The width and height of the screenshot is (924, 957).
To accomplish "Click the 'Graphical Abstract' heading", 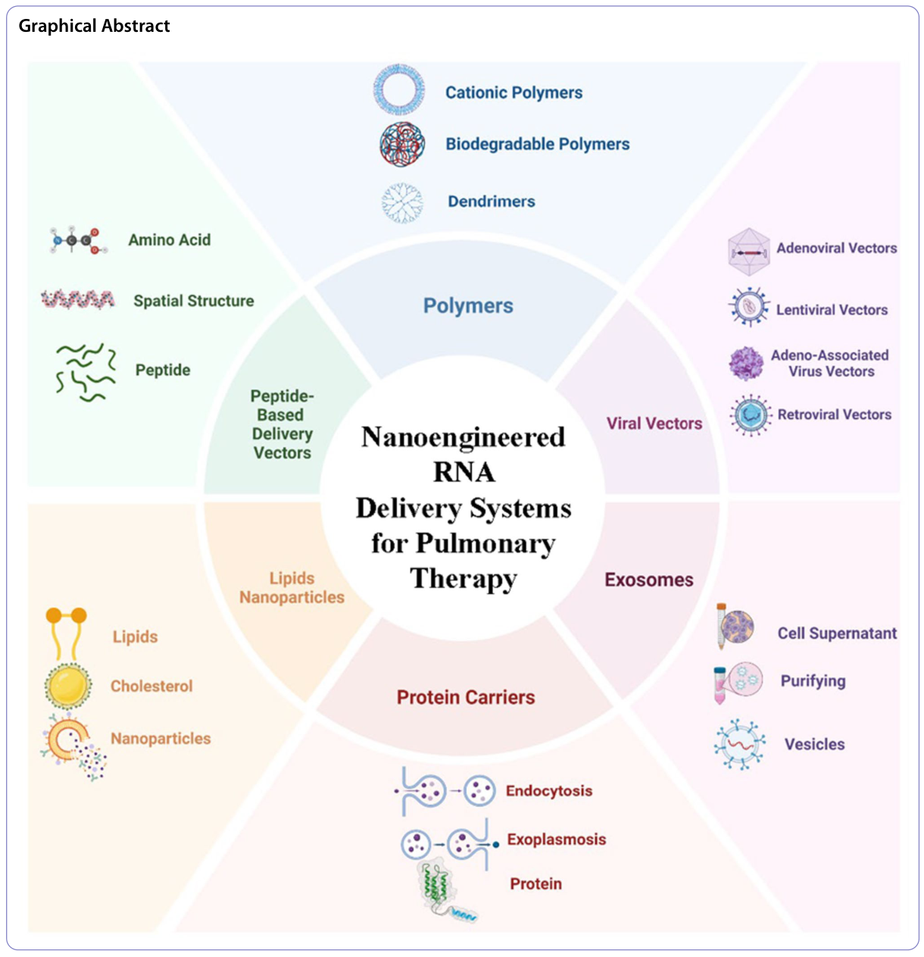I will [94, 26].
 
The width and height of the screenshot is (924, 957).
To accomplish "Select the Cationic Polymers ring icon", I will [398, 90].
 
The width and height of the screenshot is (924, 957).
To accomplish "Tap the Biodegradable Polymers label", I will [537, 144].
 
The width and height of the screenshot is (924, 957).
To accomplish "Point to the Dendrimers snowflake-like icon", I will [402, 202].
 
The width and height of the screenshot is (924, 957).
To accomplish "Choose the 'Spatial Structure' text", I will [193, 301].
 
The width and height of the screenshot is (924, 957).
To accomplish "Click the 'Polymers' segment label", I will [468, 306].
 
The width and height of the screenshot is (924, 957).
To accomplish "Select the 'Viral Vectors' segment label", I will [654, 424].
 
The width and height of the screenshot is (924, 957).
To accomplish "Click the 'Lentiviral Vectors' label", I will [832, 310].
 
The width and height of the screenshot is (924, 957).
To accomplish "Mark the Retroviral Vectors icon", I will [750, 414].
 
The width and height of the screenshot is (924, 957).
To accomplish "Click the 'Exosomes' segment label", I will [648, 580].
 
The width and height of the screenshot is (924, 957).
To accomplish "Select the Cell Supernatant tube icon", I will [733, 627].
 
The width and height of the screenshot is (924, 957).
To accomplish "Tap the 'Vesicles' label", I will [814, 744].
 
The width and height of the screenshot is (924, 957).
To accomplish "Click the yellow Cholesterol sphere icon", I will [68, 685].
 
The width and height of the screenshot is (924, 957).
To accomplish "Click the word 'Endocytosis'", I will [548, 791].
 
